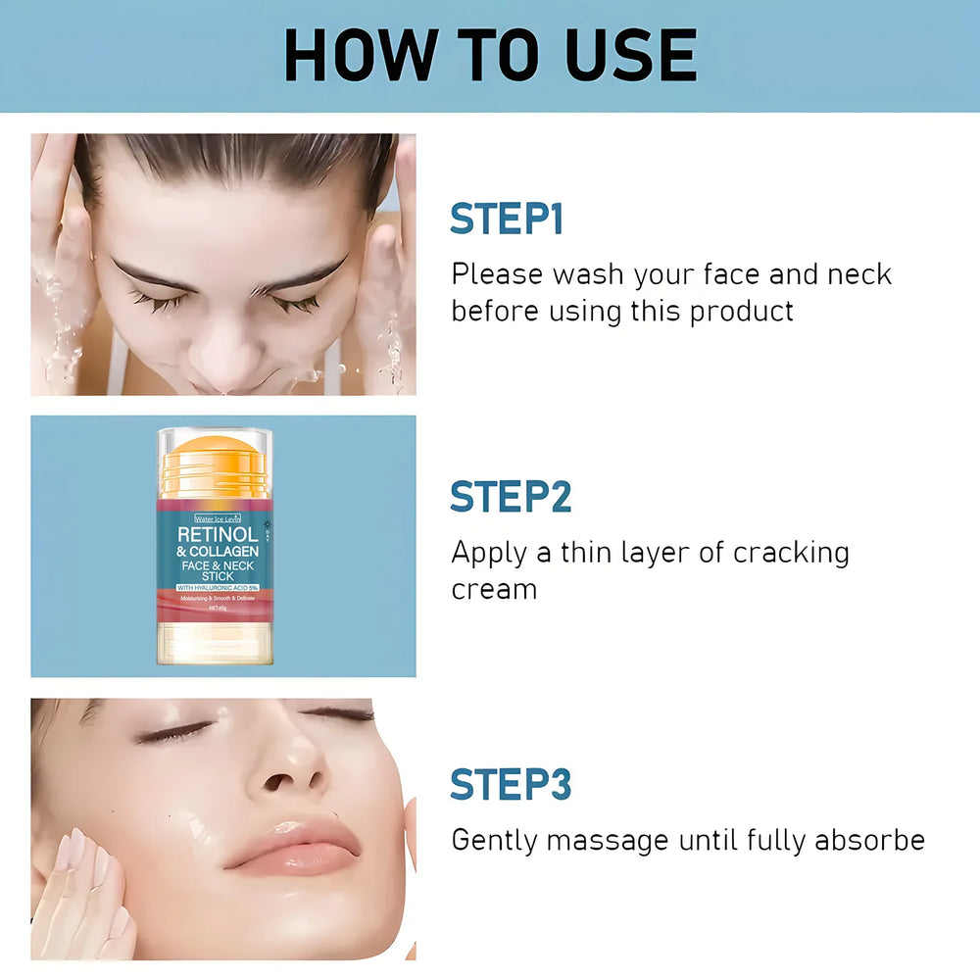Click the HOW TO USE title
490,56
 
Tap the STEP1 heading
507,220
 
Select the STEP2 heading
511,497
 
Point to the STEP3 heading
511,785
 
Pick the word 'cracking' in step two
791,554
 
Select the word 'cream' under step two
494,590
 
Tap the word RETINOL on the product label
218,535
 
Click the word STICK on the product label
218,577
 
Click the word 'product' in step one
742,312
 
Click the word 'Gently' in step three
494,841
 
